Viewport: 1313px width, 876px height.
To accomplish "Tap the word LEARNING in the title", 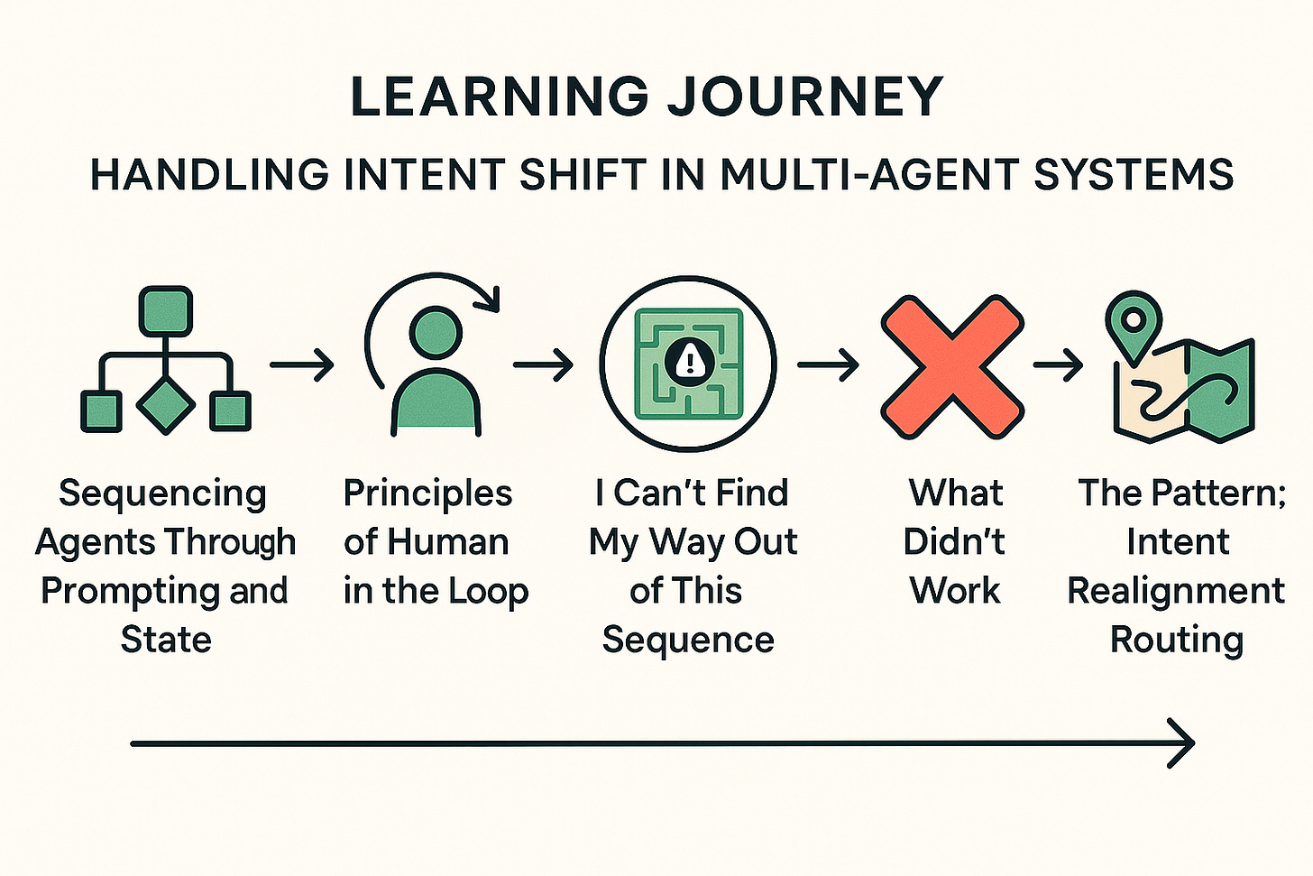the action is [x=499, y=97].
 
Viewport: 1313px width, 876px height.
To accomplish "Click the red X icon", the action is [x=951, y=365].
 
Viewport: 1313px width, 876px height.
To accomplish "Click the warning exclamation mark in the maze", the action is [x=690, y=360].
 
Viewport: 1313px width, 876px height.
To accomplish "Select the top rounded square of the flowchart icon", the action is [x=166, y=310].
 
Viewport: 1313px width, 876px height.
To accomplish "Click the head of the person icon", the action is [x=436, y=334].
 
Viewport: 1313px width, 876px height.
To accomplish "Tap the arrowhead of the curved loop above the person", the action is [x=490, y=298].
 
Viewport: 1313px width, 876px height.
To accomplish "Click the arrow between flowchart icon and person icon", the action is [x=302, y=365].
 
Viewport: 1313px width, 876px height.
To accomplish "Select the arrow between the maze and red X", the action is [x=828, y=365].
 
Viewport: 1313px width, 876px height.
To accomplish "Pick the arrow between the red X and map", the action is [x=1058, y=365].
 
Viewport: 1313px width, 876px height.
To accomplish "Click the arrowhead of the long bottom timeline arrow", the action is [x=1183, y=743].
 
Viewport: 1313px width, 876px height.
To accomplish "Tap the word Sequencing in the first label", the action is [x=163, y=493].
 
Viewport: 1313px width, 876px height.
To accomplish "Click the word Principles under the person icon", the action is [x=427, y=493].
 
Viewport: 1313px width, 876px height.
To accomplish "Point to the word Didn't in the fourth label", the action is [x=954, y=542].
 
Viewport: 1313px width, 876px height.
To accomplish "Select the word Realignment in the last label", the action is [x=1176, y=591].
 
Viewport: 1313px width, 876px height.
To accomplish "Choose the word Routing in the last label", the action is [x=1176, y=640].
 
